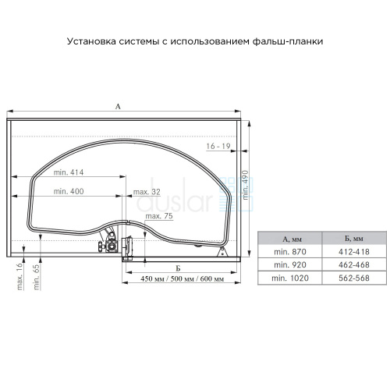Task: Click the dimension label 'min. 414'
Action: tap(69, 172)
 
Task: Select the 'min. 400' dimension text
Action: tap(69, 191)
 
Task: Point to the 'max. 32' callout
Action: tap(147, 192)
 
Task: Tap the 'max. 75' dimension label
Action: tap(159, 216)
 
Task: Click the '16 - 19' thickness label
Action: tap(218, 147)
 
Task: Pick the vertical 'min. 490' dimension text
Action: tap(245, 185)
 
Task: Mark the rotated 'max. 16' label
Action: tap(19, 276)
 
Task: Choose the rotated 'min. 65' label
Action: tap(37, 277)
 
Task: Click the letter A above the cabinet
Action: tap(118, 106)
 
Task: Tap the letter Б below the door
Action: tap(178, 268)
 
